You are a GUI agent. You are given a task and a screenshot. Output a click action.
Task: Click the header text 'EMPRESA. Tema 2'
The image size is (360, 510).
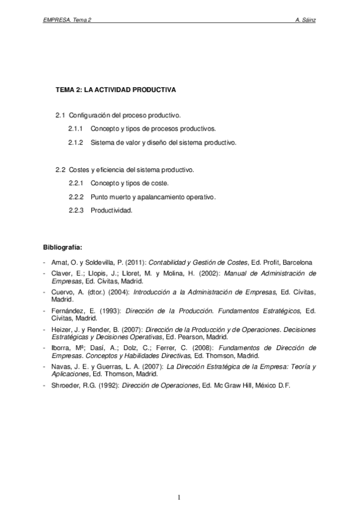(x=67, y=19)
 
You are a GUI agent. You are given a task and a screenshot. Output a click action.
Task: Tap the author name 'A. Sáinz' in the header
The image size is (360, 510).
(x=307, y=19)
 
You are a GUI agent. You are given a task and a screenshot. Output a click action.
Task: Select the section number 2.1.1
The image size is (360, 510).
(x=75, y=129)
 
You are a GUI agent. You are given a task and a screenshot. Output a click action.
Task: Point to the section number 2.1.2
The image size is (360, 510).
(x=75, y=143)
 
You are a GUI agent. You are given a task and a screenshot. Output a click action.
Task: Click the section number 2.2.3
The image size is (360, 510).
(x=75, y=210)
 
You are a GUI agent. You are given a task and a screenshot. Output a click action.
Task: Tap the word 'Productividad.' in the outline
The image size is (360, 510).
(x=111, y=210)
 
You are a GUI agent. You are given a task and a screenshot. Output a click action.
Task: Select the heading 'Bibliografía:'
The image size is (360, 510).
(x=63, y=247)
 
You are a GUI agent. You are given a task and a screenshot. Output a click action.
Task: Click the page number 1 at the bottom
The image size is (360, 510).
(x=179, y=497)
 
